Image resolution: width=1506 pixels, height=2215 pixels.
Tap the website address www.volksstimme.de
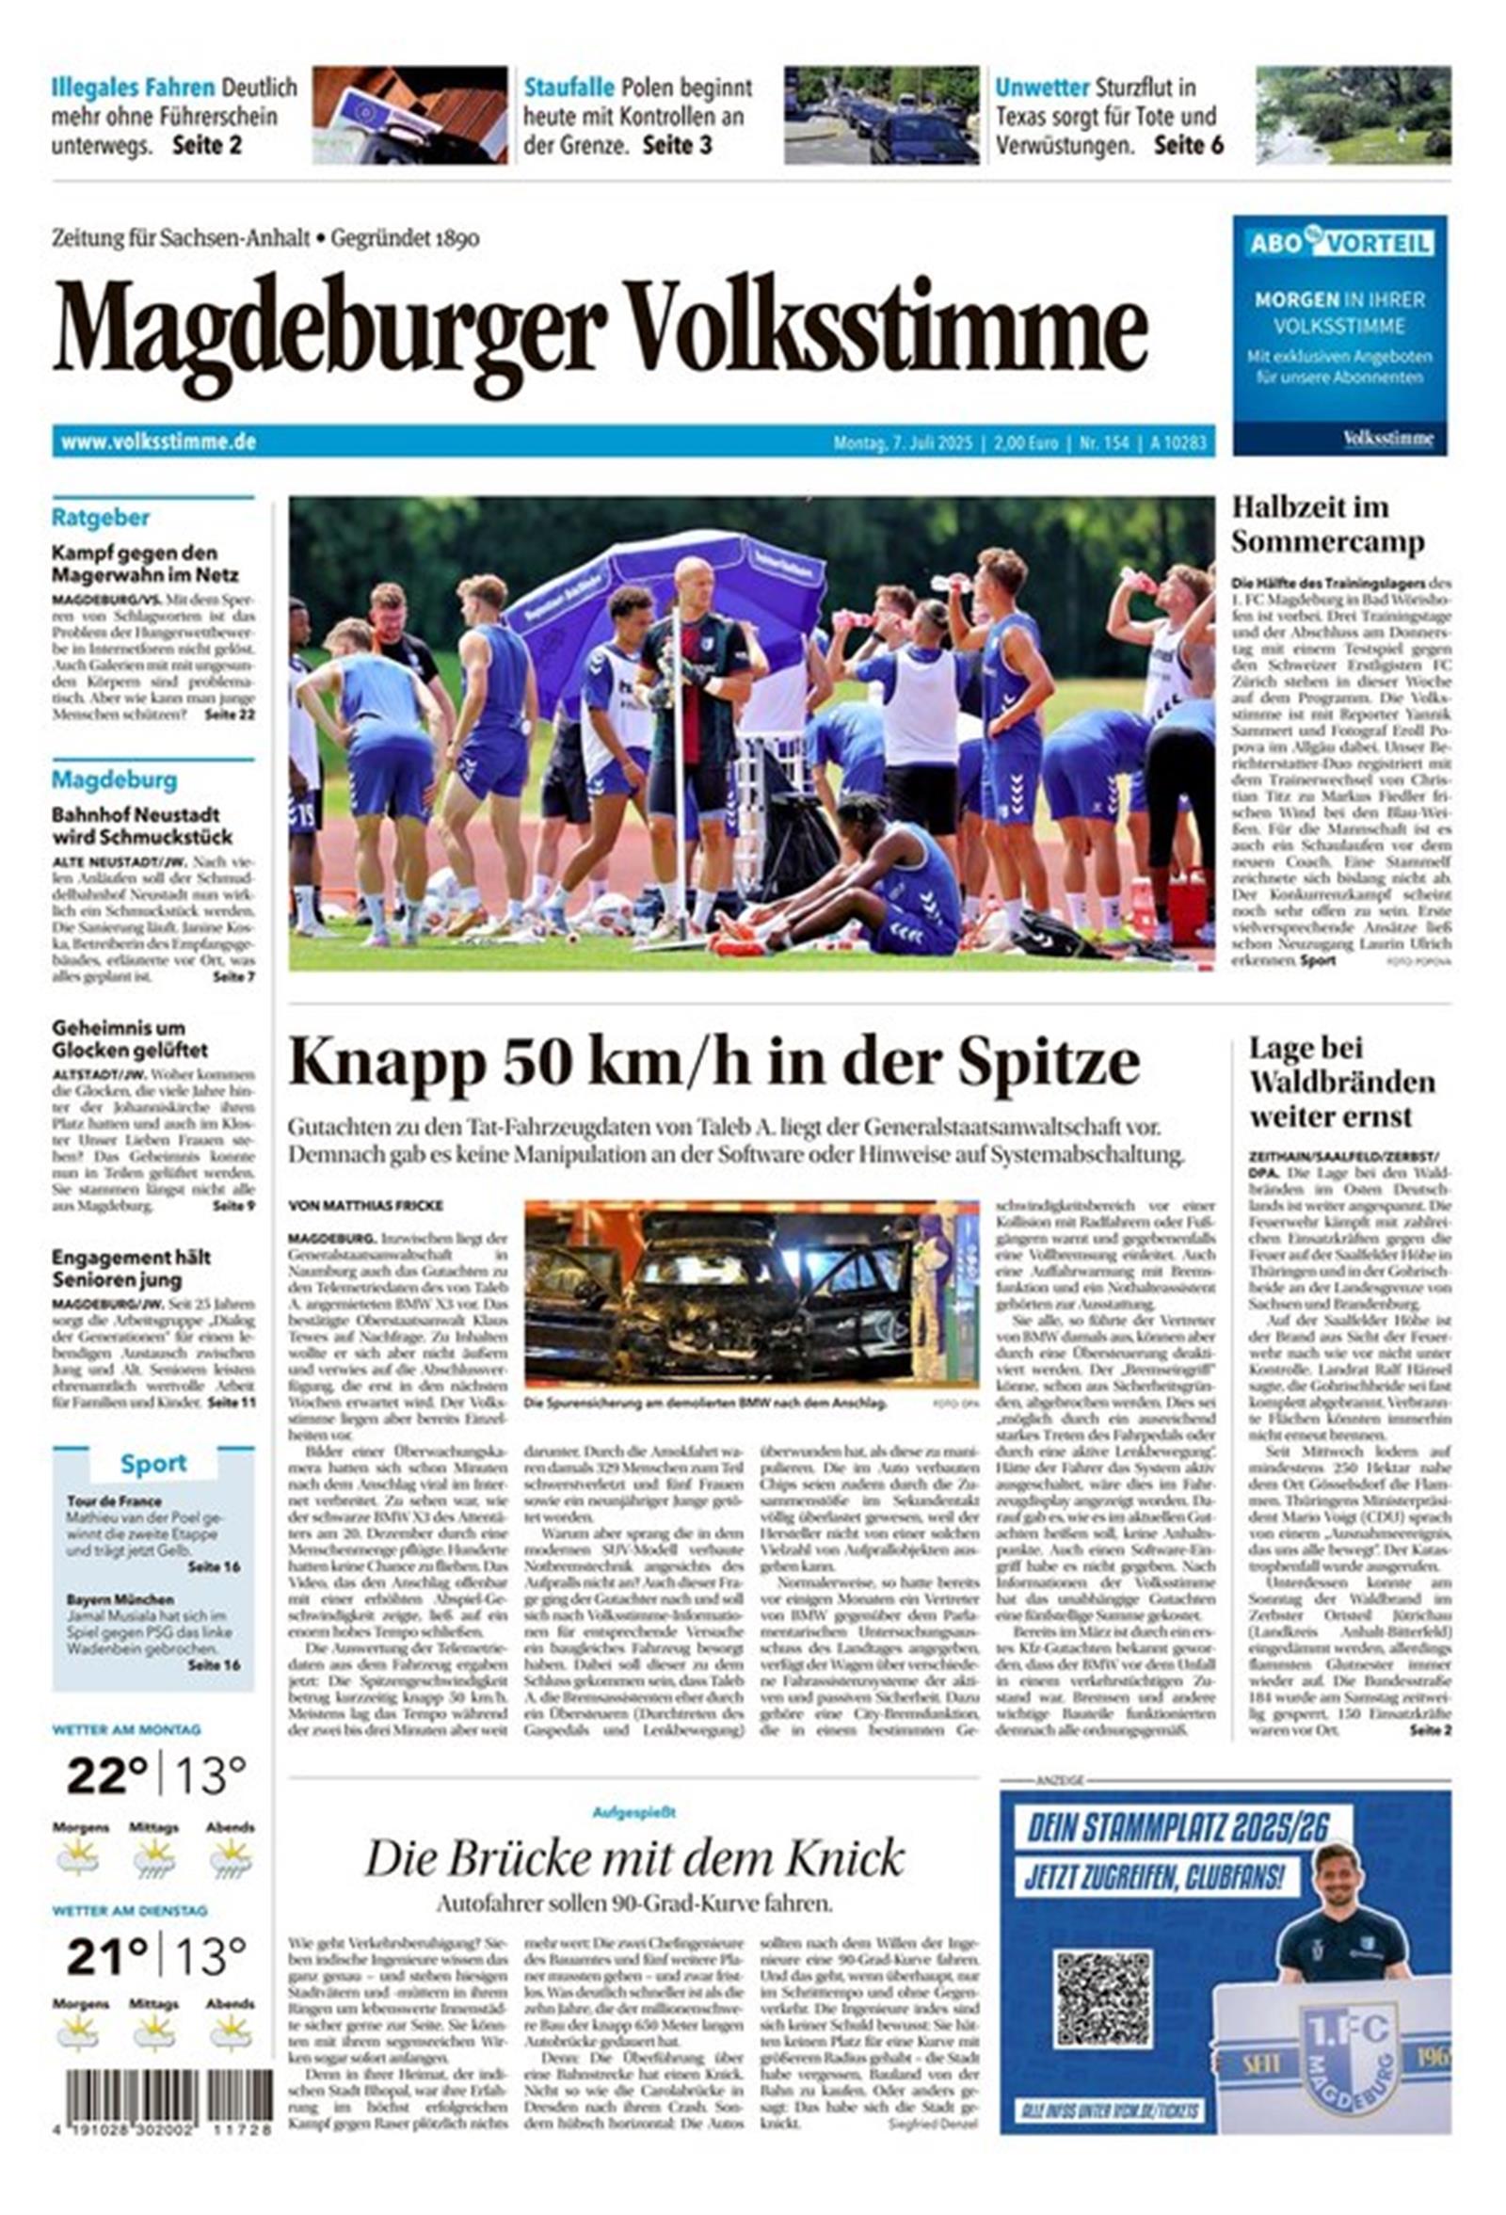pyautogui.click(x=158, y=442)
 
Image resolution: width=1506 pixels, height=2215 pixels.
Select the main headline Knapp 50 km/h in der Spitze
pyautogui.click(x=713, y=1062)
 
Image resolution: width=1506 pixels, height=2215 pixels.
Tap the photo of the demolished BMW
pyautogui.click(x=751, y=1294)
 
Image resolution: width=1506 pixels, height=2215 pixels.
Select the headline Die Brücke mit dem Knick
pyautogui.click(x=633, y=1857)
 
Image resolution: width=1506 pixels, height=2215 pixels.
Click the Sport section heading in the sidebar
pyautogui.click(x=152, y=1463)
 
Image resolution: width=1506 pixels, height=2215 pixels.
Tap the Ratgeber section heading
pyautogui.click(x=100, y=518)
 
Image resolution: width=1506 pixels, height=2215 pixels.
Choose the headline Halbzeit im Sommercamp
pyautogui.click(x=1327, y=524)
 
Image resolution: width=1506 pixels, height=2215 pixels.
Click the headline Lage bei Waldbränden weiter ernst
pyautogui.click(x=1341, y=1082)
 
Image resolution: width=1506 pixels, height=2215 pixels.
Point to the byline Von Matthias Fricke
pyautogui.click(x=365, y=1206)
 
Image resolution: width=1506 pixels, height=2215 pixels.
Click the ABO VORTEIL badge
pyautogui.click(x=1338, y=243)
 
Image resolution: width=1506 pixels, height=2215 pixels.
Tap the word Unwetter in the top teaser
pyautogui.click(x=1041, y=88)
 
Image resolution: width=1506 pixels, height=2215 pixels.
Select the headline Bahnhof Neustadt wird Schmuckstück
pyautogui.click(x=142, y=827)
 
